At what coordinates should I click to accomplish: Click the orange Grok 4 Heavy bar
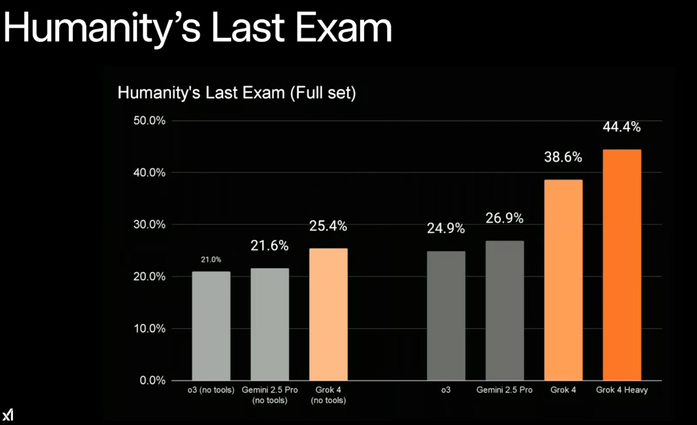click(x=622, y=265)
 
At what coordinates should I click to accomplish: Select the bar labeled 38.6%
click(x=563, y=280)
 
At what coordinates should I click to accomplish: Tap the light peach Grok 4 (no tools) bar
click(x=328, y=314)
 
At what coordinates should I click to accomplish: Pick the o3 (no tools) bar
click(x=211, y=326)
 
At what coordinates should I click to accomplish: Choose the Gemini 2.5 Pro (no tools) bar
click(x=270, y=324)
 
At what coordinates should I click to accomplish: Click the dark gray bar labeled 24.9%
click(x=446, y=316)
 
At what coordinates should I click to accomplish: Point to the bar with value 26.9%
click(x=505, y=311)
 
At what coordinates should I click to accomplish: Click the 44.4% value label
click(x=622, y=127)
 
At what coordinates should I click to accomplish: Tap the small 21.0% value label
click(x=211, y=260)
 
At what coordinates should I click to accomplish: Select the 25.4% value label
click(x=328, y=226)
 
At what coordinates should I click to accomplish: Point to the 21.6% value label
click(x=270, y=246)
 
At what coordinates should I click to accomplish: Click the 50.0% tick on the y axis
click(x=149, y=120)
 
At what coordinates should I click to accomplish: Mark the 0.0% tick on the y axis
click(x=152, y=380)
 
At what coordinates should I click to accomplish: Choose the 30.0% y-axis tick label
click(x=149, y=224)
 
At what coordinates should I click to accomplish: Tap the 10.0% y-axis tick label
click(x=149, y=329)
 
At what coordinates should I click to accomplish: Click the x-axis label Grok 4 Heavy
click(x=622, y=390)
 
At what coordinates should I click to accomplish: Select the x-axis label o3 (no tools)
click(x=211, y=390)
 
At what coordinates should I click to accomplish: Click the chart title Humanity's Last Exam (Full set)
click(x=237, y=93)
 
